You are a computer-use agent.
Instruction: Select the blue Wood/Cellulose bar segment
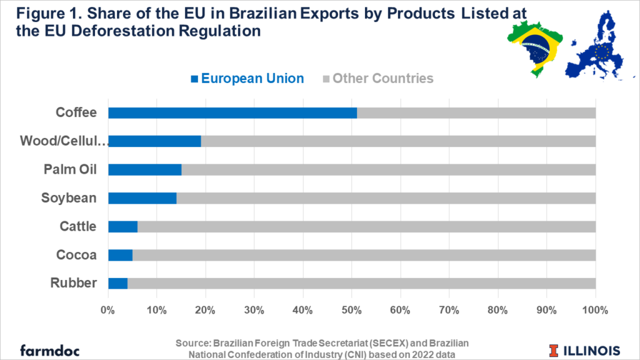[154, 141]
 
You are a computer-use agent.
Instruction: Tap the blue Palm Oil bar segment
[144, 170]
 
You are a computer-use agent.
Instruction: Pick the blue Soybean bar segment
[142, 198]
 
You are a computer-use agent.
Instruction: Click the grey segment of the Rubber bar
[361, 283]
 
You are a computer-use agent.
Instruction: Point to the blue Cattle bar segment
[122, 226]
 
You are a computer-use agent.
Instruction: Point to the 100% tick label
[595, 310]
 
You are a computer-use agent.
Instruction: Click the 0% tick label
[108, 310]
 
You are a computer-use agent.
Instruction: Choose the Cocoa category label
[76, 255]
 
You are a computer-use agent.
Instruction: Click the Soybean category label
[69, 198]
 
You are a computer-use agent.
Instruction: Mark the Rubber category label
[74, 283]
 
